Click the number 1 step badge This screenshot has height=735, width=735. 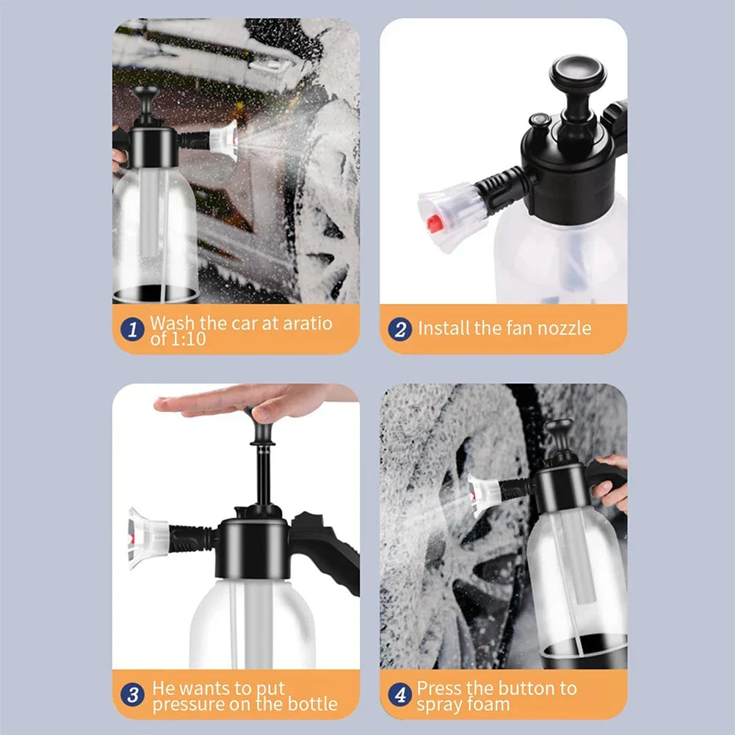click(x=132, y=329)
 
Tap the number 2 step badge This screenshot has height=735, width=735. click(x=400, y=329)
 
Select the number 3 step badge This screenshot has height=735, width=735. click(x=132, y=695)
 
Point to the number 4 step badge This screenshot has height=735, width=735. click(x=400, y=695)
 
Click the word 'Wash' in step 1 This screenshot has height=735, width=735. click(x=173, y=322)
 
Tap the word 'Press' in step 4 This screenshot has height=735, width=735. click(x=439, y=688)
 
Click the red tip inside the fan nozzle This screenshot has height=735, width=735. click(x=435, y=223)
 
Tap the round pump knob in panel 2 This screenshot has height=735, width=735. click(x=577, y=71)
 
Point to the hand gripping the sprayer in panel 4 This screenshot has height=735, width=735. click(x=611, y=483)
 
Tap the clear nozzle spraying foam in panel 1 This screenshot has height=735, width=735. click(x=224, y=140)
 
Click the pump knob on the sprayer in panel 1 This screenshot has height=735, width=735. click(x=145, y=96)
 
